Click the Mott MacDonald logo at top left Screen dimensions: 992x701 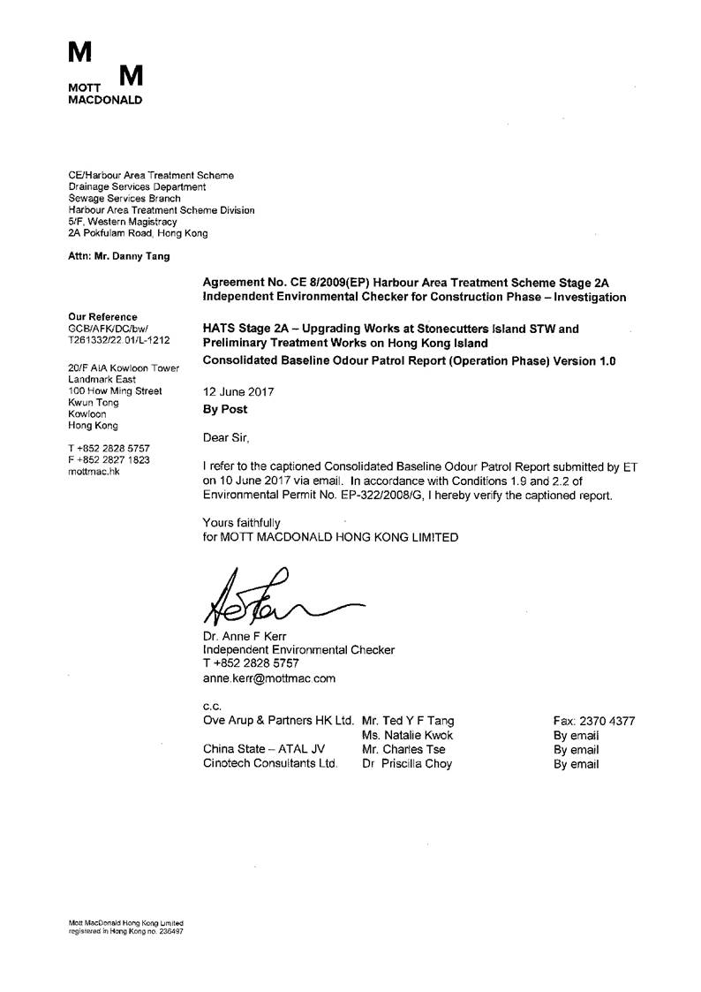click(x=104, y=73)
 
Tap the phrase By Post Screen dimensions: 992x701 click(x=225, y=410)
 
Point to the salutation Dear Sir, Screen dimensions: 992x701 click(x=226, y=436)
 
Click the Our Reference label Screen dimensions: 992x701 click(x=102, y=316)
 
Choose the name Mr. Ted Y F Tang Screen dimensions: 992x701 click(x=409, y=721)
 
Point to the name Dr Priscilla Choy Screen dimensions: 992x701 click(x=406, y=764)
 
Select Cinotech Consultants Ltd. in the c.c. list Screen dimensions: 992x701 click(x=270, y=764)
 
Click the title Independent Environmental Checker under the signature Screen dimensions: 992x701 click(x=298, y=650)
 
